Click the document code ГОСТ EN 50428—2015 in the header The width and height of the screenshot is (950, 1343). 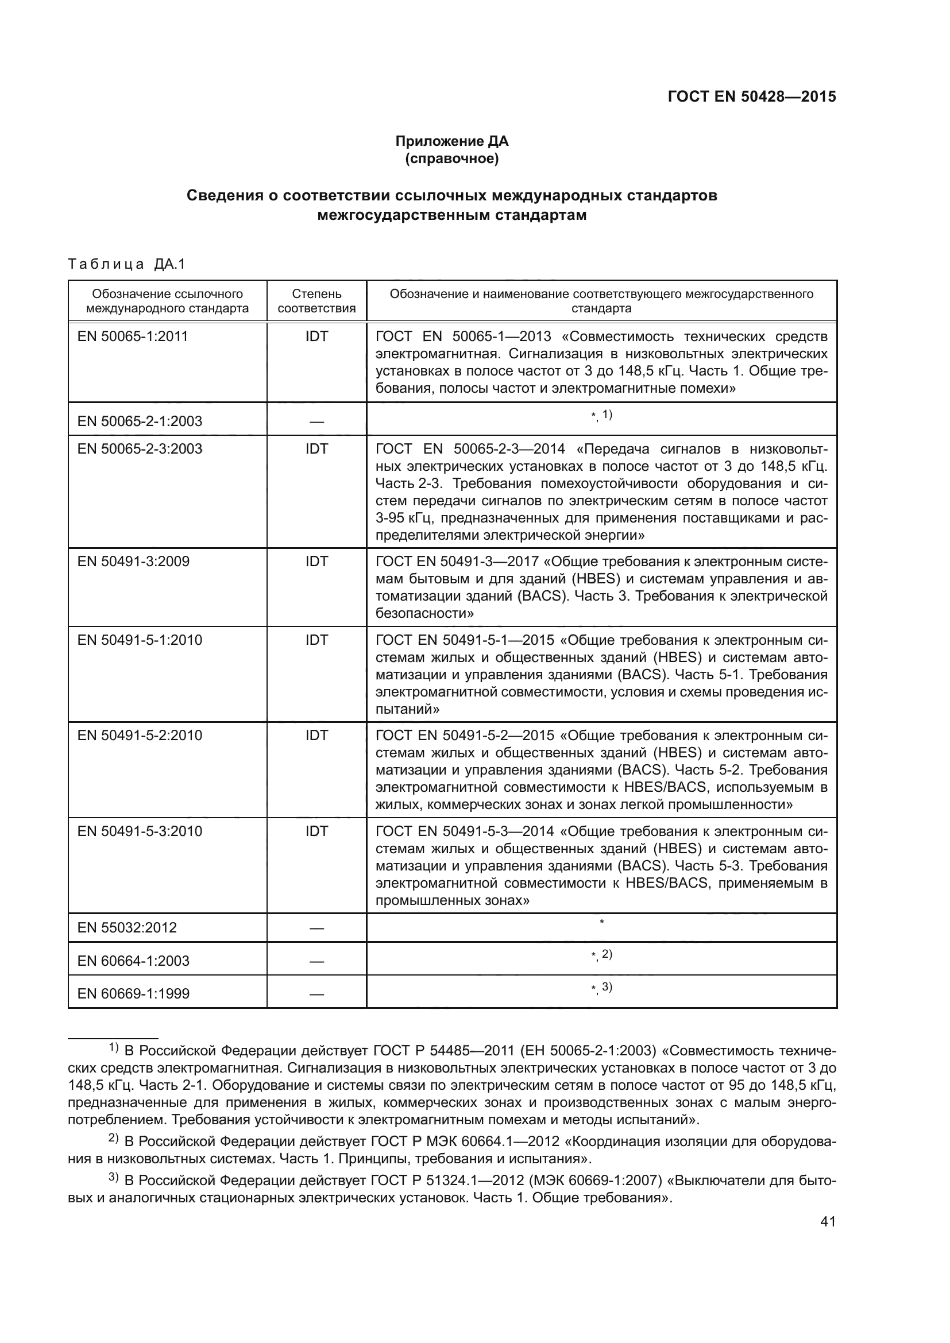[x=751, y=96]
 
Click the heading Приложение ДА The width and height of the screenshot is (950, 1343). [x=451, y=141]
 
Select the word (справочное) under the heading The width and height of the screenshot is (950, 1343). [x=451, y=158]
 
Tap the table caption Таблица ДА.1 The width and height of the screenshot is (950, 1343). [x=126, y=264]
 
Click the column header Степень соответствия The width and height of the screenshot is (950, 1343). [x=316, y=301]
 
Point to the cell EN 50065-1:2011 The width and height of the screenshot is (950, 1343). [x=133, y=336]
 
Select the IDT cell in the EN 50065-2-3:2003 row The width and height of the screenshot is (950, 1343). [x=316, y=448]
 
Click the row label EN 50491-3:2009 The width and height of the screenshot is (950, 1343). [x=133, y=562]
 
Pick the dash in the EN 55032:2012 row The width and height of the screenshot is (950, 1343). [x=316, y=928]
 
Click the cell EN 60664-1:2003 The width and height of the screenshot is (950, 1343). [x=133, y=961]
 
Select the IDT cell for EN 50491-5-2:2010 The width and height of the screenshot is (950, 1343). [x=316, y=736]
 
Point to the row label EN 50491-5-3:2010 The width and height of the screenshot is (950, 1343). [x=140, y=831]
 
